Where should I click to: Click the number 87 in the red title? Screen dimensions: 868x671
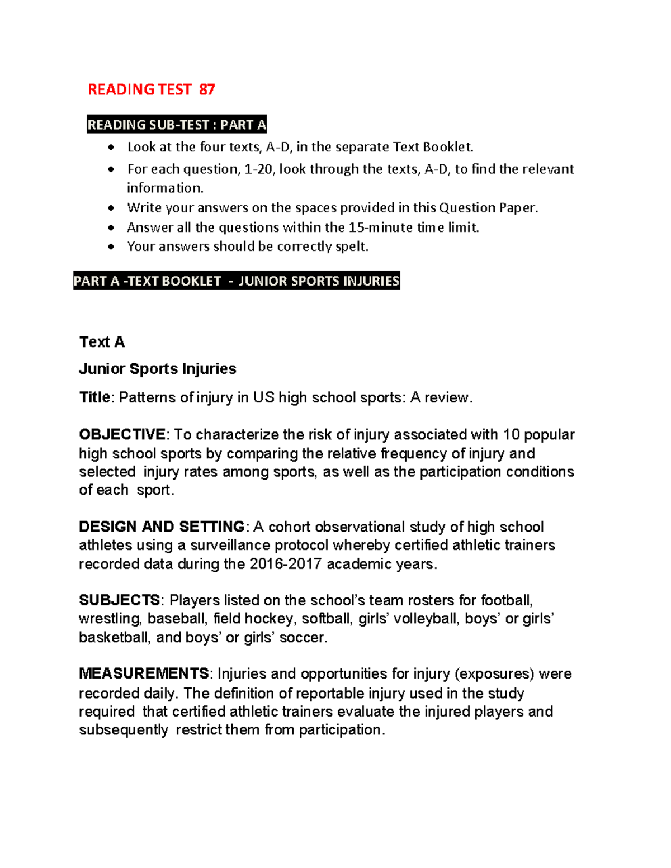207,89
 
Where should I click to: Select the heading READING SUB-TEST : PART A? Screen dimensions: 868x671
177,125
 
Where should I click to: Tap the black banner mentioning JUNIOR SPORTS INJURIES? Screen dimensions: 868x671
237,281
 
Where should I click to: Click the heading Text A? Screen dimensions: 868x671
102,342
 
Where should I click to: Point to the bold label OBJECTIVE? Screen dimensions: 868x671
122,435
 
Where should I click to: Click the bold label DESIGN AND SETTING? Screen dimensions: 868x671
162,527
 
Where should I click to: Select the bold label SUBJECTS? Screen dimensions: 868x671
120,600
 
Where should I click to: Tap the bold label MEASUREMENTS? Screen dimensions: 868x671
144,673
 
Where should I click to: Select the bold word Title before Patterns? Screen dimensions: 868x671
94,397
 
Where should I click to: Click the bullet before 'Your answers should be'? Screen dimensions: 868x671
112,246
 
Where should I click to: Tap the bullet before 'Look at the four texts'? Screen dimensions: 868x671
112,148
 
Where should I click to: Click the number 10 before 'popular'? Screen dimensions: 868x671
511,435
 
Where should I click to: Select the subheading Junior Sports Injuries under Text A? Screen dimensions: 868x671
158,369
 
